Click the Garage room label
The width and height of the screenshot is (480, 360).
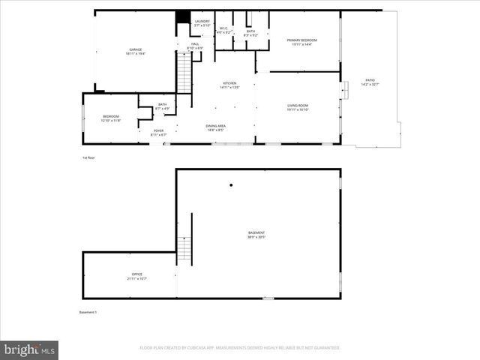click(x=135, y=52)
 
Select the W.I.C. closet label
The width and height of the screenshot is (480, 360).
click(x=223, y=31)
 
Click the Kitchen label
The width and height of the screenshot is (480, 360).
click(x=229, y=85)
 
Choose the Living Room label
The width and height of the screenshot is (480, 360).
click(x=298, y=107)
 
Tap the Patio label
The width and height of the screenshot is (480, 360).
click(x=370, y=81)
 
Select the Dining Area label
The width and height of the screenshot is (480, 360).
click(x=216, y=127)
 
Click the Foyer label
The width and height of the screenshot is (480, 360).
click(x=158, y=132)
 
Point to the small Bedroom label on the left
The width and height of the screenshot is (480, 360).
click(x=111, y=118)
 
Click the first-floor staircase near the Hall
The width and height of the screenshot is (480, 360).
click(x=184, y=75)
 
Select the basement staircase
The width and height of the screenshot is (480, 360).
click(x=184, y=248)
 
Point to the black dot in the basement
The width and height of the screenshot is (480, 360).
click(x=231, y=185)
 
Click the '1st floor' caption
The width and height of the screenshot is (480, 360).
click(x=88, y=158)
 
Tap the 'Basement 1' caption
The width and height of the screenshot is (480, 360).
click(x=88, y=312)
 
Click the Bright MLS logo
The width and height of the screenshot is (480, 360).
click(x=29, y=349)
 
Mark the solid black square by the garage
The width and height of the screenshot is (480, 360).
click(x=181, y=17)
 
